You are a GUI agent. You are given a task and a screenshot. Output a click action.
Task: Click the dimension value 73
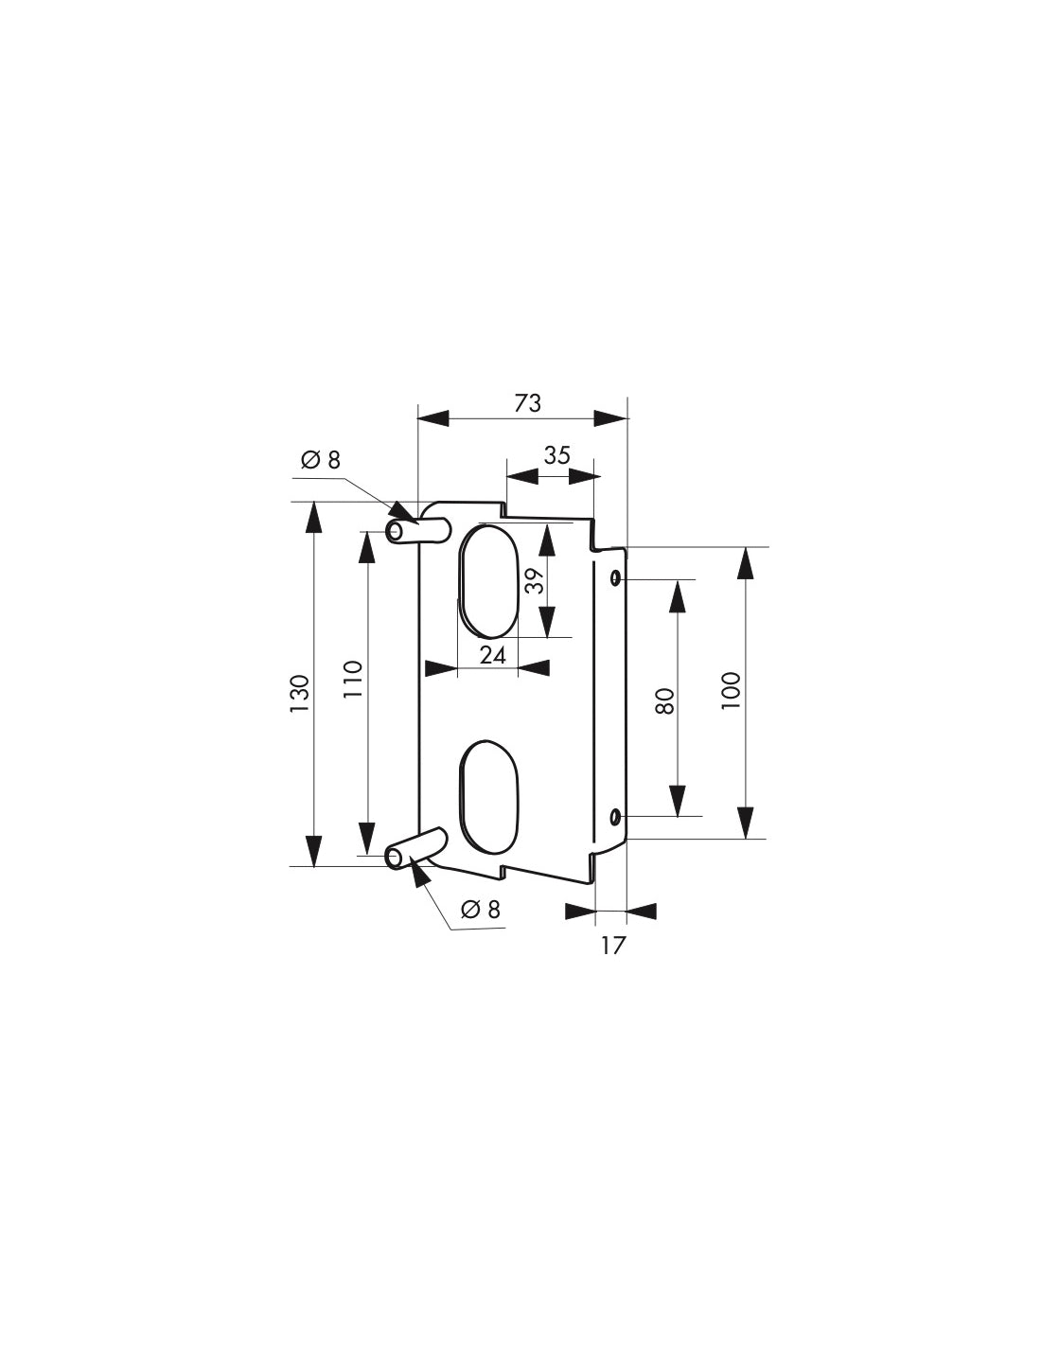(528, 403)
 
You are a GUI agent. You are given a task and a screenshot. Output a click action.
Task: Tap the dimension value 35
(556, 455)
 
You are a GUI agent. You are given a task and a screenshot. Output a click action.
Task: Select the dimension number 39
(535, 580)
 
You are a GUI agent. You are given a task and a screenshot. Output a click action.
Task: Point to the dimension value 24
(493, 655)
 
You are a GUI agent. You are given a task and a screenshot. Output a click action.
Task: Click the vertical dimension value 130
(300, 693)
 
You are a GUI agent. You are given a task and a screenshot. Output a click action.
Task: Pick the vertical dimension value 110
(352, 680)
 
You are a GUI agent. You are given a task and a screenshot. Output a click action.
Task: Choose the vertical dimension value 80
(664, 700)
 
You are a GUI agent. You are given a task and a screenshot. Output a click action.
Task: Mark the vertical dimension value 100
(731, 691)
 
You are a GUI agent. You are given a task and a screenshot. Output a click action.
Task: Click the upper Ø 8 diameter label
(321, 460)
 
